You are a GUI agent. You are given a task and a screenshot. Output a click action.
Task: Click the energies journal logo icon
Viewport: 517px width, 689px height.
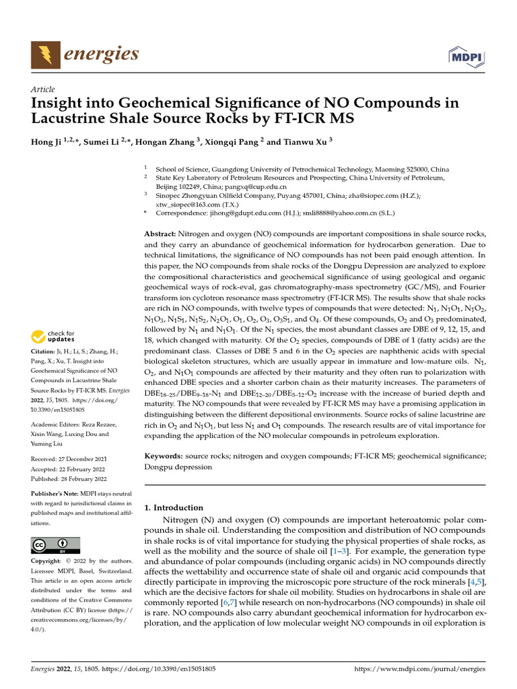click(x=44, y=55)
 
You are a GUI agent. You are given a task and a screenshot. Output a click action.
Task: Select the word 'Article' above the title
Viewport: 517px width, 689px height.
click(x=43, y=89)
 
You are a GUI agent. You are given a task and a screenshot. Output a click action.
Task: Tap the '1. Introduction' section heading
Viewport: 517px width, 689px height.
click(x=174, y=507)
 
